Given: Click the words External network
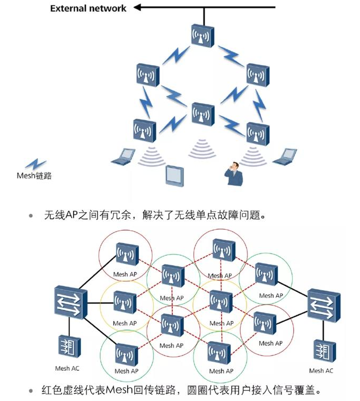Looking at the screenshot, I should [x=88, y=8].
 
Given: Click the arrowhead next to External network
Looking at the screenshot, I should [x=138, y=7].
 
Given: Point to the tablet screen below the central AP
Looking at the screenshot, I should [x=174, y=175].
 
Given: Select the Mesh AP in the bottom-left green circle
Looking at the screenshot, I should [x=127, y=356].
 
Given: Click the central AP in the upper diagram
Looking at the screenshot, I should [x=203, y=115].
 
